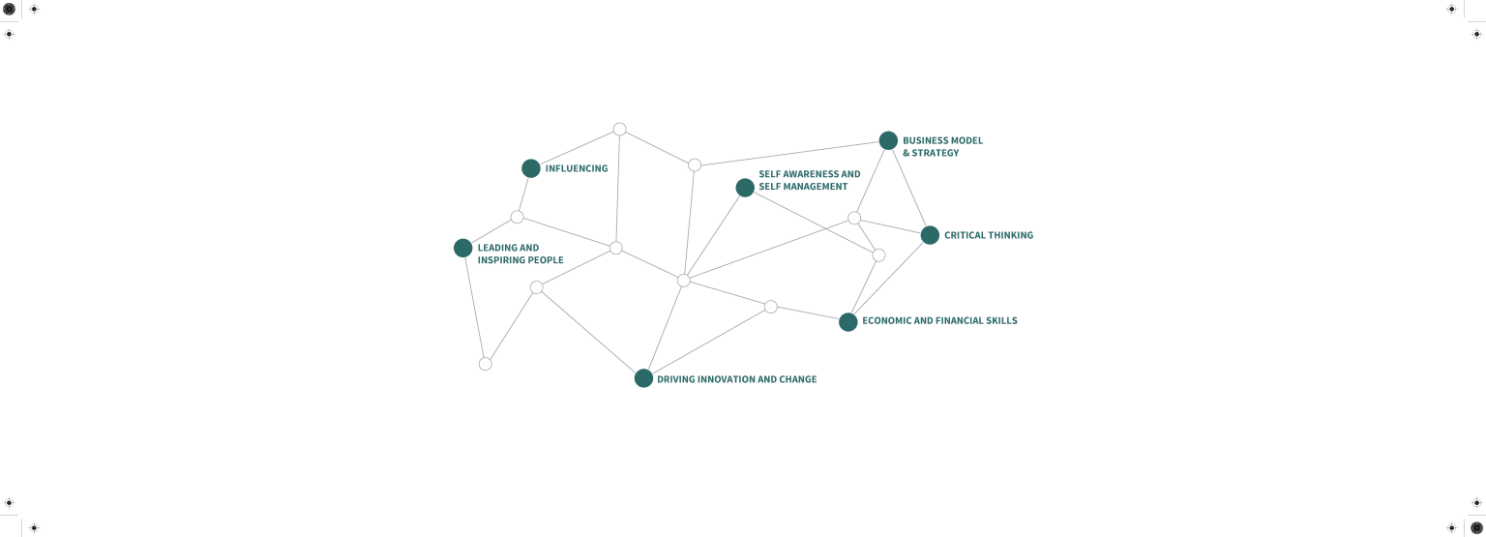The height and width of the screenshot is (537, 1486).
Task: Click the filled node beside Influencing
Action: tap(531, 168)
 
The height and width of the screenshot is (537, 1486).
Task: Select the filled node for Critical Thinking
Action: tap(930, 235)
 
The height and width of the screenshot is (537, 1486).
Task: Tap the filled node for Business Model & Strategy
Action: tap(888, 140)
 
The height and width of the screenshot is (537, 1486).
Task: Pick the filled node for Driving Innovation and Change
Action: tap(643, 378)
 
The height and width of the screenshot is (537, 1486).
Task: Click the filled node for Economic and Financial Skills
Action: tap(847, 322)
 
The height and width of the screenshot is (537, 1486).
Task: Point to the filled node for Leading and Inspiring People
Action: tap(463, 249)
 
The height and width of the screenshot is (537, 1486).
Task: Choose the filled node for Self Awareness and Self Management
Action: tap(745, 188)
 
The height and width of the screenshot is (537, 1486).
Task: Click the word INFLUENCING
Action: tap(577, 168)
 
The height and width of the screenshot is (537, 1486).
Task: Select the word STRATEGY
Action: tap(936, 153)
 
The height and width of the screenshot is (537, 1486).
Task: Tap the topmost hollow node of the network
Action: tap(619, 130)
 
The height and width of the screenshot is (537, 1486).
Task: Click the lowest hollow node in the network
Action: tap(486, 364)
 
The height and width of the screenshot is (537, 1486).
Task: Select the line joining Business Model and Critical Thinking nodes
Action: tap(909, 188)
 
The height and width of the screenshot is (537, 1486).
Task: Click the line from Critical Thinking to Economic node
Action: tap(889, 279)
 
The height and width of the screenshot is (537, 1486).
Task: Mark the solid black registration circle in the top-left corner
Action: tap(9, 9)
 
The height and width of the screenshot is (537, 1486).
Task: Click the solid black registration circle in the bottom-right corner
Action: tap(1476, 527)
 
